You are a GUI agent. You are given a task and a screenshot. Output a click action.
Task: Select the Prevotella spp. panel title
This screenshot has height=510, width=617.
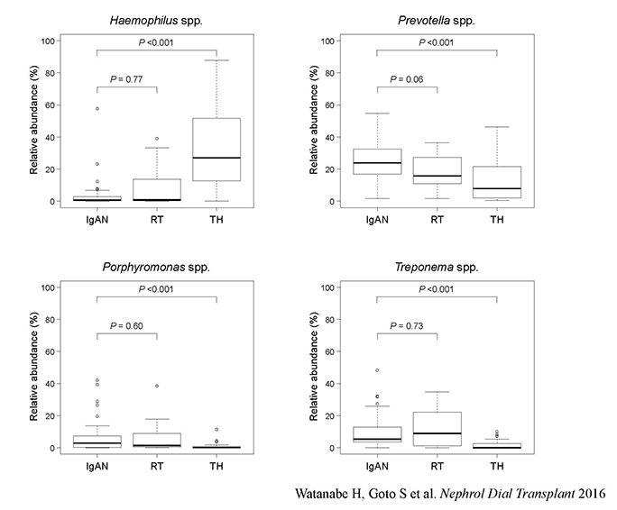click(437, 21)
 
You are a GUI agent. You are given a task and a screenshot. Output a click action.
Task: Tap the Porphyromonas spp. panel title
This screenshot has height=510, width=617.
click(158, 267)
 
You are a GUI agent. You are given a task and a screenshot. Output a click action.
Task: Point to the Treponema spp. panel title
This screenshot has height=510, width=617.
click(437, 267)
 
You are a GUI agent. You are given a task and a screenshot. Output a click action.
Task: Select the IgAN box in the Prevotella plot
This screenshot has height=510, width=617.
click(377, 161)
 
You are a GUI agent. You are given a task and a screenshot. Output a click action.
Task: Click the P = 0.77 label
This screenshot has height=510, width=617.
click(128, 78)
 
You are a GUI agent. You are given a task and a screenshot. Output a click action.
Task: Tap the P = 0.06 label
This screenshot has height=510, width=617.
click(407, 78)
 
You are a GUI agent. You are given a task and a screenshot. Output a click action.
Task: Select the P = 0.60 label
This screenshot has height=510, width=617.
click(128, 324)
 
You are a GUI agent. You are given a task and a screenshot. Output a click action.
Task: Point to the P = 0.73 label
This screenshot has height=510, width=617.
click(407, 324)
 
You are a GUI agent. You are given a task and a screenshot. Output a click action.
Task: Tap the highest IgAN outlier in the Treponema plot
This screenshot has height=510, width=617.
click(377, 370)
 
